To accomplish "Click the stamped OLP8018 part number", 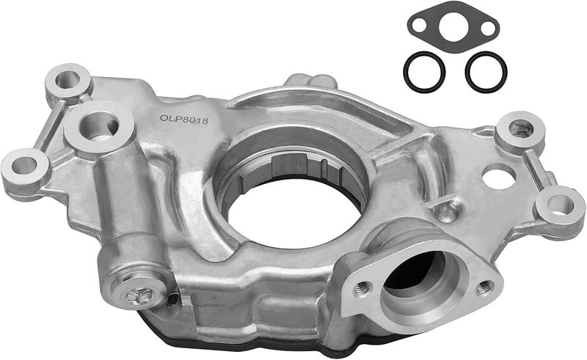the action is [x=184, y=120].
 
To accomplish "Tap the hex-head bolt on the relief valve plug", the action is [x=139, y=295].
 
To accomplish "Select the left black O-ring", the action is [x=424, y=72].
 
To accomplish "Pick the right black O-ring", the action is [x=486, y=72].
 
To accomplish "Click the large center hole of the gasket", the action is [x=453, y=26].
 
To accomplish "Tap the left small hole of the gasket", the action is [x=419, y=26].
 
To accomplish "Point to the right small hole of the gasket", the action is [x=487, y=29].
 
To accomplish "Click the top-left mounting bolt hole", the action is [x=68, y=80].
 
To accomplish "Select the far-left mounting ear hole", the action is [x=24, y=166].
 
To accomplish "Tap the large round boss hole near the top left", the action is [x=99, y=126].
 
